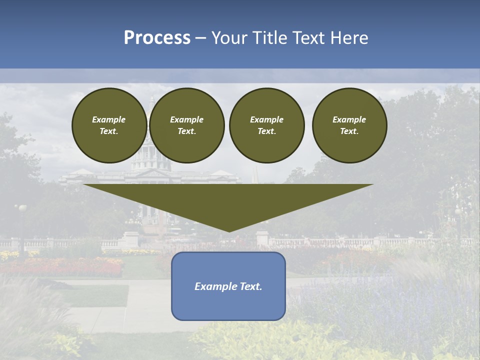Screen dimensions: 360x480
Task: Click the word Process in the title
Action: (157, 38)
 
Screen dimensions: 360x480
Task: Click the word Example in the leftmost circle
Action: (109, 119)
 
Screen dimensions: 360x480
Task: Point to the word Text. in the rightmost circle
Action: (349, 131)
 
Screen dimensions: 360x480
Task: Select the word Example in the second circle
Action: (187, 119)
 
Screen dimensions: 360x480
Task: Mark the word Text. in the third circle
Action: (266, 131)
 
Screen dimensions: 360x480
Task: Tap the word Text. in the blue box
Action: (250, 286)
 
